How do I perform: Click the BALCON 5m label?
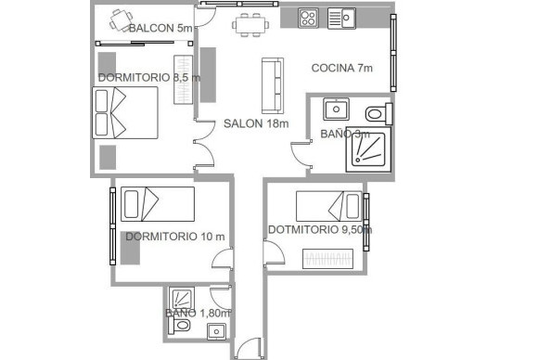click(x=160, y=29)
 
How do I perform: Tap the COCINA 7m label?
click(x=341, y=68)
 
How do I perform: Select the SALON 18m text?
click(x=256, y=123)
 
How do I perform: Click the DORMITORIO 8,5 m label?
click(x=148, y=78)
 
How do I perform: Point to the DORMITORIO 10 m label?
click(x=174, y=236)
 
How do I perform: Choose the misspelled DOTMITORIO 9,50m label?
click(x=320, y=230)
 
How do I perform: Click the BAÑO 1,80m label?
click(x=198, y=314)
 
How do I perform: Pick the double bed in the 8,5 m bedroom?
click(x=125, y=113)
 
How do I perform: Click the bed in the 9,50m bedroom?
click(x=328, y=205)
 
